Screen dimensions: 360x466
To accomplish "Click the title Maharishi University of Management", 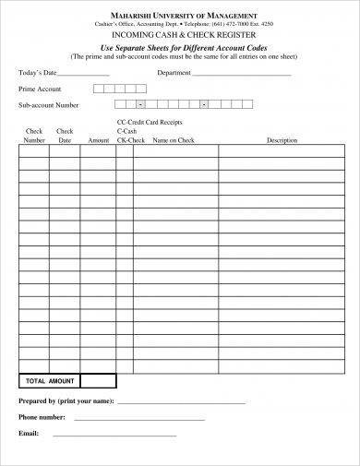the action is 179,13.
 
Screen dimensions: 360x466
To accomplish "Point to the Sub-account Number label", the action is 48,106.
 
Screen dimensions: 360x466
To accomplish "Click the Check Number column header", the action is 34,136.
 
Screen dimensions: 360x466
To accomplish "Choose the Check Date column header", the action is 65,136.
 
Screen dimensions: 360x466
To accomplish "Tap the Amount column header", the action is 98,141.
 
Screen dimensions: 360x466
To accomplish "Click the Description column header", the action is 282,141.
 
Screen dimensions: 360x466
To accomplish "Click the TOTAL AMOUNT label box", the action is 48,380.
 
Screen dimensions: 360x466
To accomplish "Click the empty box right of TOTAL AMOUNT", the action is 98,380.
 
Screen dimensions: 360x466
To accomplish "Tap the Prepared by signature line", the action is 182,404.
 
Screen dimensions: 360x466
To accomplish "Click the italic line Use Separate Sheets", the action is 179,45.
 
